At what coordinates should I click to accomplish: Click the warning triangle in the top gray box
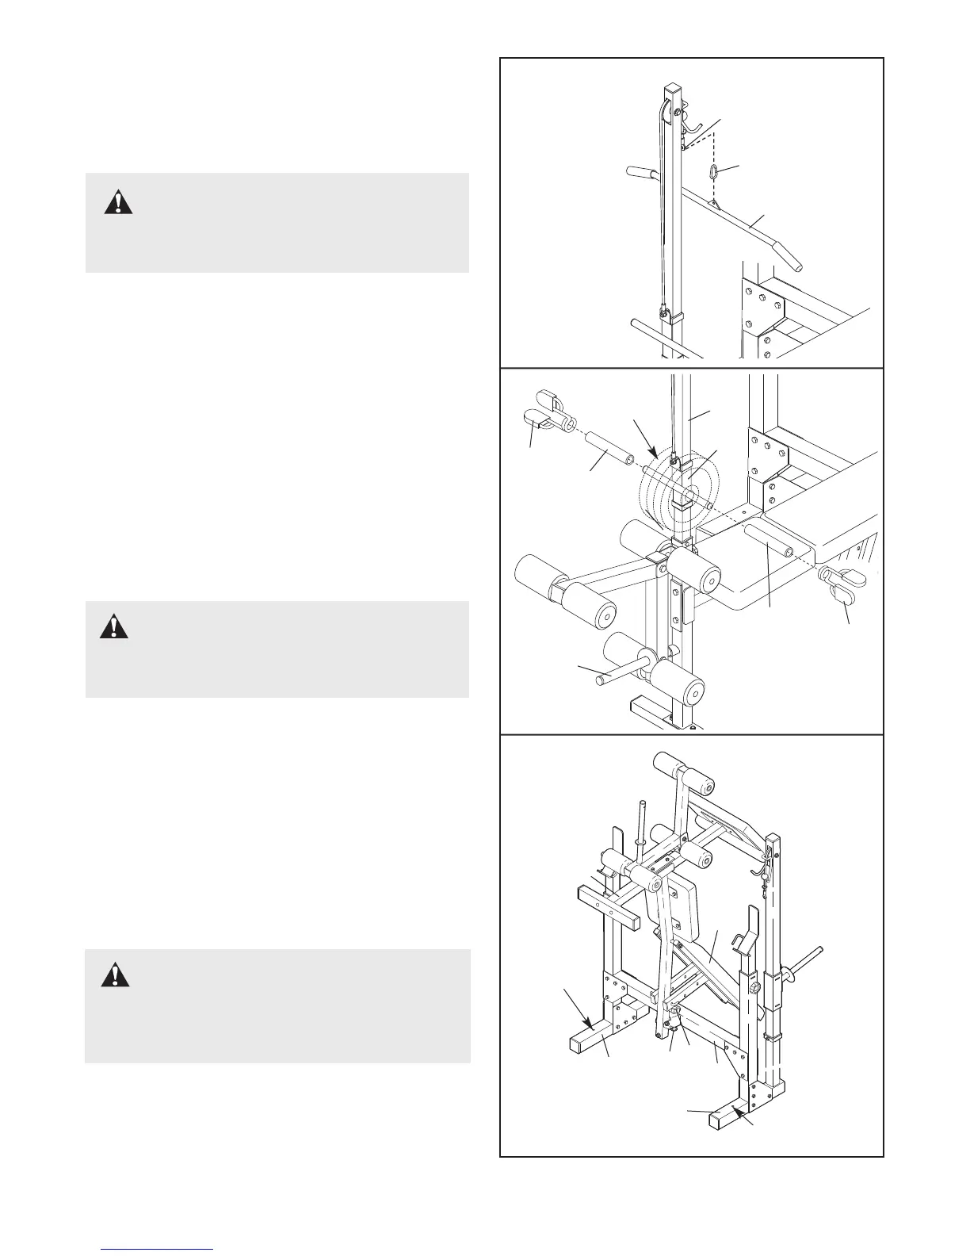click(118, 202)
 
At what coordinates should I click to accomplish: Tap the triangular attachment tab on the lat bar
click(715, 205)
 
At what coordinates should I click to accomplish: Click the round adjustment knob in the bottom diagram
click(754, 985)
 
